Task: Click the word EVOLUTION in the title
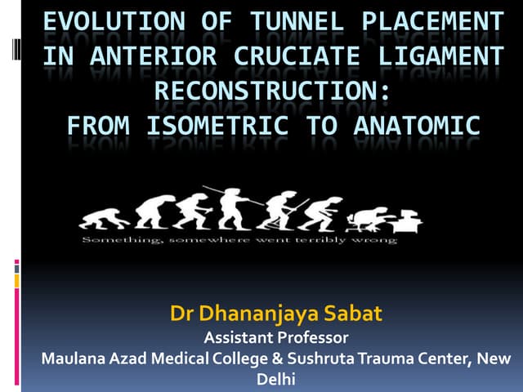pos(102,23)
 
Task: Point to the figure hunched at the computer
pos(362,218)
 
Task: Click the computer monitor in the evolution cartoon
pos(409,219)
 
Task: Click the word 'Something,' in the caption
pos(114,240)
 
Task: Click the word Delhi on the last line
pos(275,380)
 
